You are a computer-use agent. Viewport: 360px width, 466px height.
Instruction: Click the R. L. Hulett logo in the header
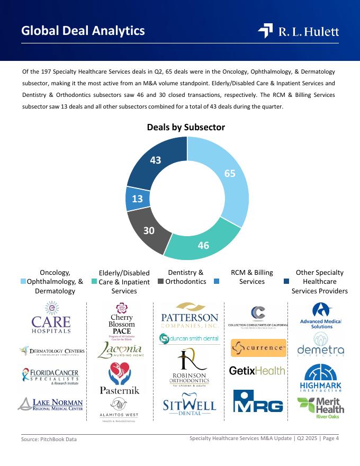pyautogui.click(x=299, y=31)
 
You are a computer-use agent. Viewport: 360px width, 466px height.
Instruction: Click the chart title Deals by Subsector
pyautogui.click(x=186, y=127)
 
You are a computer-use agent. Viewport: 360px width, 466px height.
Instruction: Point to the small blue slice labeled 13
pyautogui.click(x=137, y=199)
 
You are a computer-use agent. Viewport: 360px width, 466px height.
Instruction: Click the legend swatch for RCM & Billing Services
pyautogui.click(x=217, y=281)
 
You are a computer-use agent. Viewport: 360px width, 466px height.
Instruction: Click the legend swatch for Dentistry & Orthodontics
pyautogui.click(x=160, y=281)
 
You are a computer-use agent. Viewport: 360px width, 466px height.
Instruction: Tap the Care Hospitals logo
pyautogui.click(x=51, y=318)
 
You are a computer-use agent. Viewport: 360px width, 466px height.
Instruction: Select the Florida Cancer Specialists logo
pyautogui.click(x=51, y=377)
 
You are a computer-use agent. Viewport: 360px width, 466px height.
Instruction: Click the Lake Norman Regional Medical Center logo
pyautogui.click(x=51, y=405)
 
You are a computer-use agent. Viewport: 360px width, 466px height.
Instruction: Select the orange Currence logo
pyautogui.click(x=258, y=348)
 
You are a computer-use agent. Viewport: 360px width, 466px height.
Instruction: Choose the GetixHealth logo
pyautogui.click(x=257, y=371)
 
